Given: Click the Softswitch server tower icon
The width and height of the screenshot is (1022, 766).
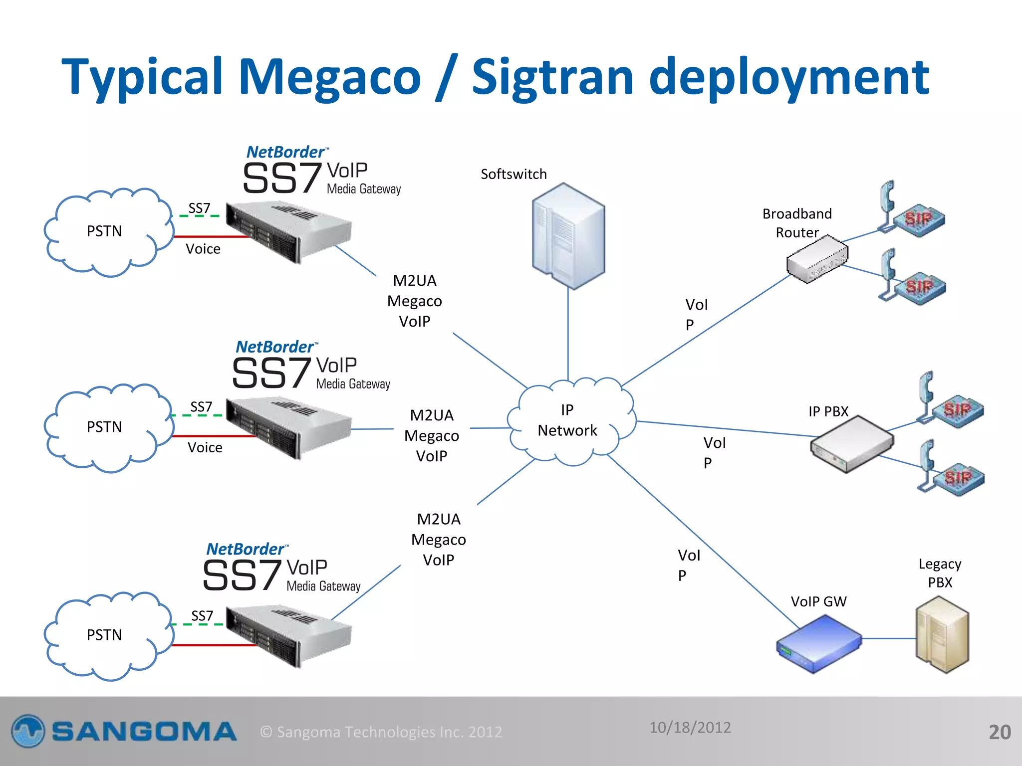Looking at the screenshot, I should (x=568, y=236).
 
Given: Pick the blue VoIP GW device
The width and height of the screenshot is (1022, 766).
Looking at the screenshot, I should (x=818, y=643).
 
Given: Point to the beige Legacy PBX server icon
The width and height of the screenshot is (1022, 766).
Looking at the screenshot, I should (x=942, y=635).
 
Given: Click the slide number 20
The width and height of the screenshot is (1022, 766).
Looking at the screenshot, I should (x=1000, y=732).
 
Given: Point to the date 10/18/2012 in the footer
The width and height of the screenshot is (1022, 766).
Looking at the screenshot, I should (x=690, y=728).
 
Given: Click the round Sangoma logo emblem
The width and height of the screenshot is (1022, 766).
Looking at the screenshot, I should (x=28, y=732).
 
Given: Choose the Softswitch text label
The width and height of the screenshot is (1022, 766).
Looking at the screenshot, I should (x=513, y=174).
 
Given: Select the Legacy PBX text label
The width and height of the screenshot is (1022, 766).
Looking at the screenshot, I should (x=940, y=573).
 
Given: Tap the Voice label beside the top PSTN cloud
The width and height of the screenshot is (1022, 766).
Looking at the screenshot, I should (x=203, y=249).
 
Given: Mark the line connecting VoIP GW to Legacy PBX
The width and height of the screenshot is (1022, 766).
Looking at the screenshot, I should (x=889, y=638).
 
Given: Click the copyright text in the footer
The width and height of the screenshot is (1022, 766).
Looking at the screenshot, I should (x=381, y=732).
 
